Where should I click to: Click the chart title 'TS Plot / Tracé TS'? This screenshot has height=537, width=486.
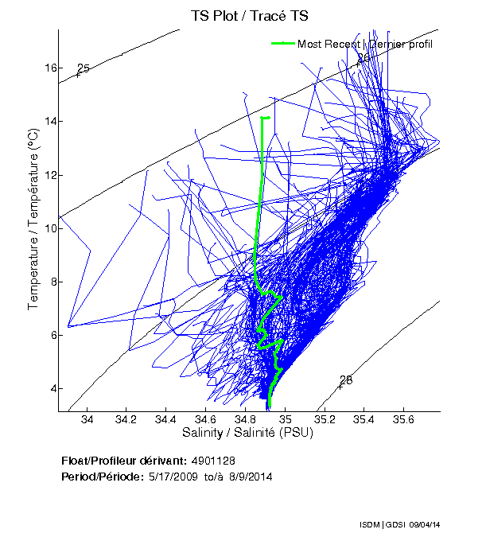(249, 15)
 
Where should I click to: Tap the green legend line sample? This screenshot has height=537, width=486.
(282, 43)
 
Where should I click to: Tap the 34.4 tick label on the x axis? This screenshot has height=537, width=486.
(166, 419)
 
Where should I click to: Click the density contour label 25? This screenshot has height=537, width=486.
(84, 68)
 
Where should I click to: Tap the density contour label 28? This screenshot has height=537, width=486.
(346, 380)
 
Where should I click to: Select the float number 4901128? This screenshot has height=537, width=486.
(212, 461)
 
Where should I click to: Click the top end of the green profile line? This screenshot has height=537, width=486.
(263, 118)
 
